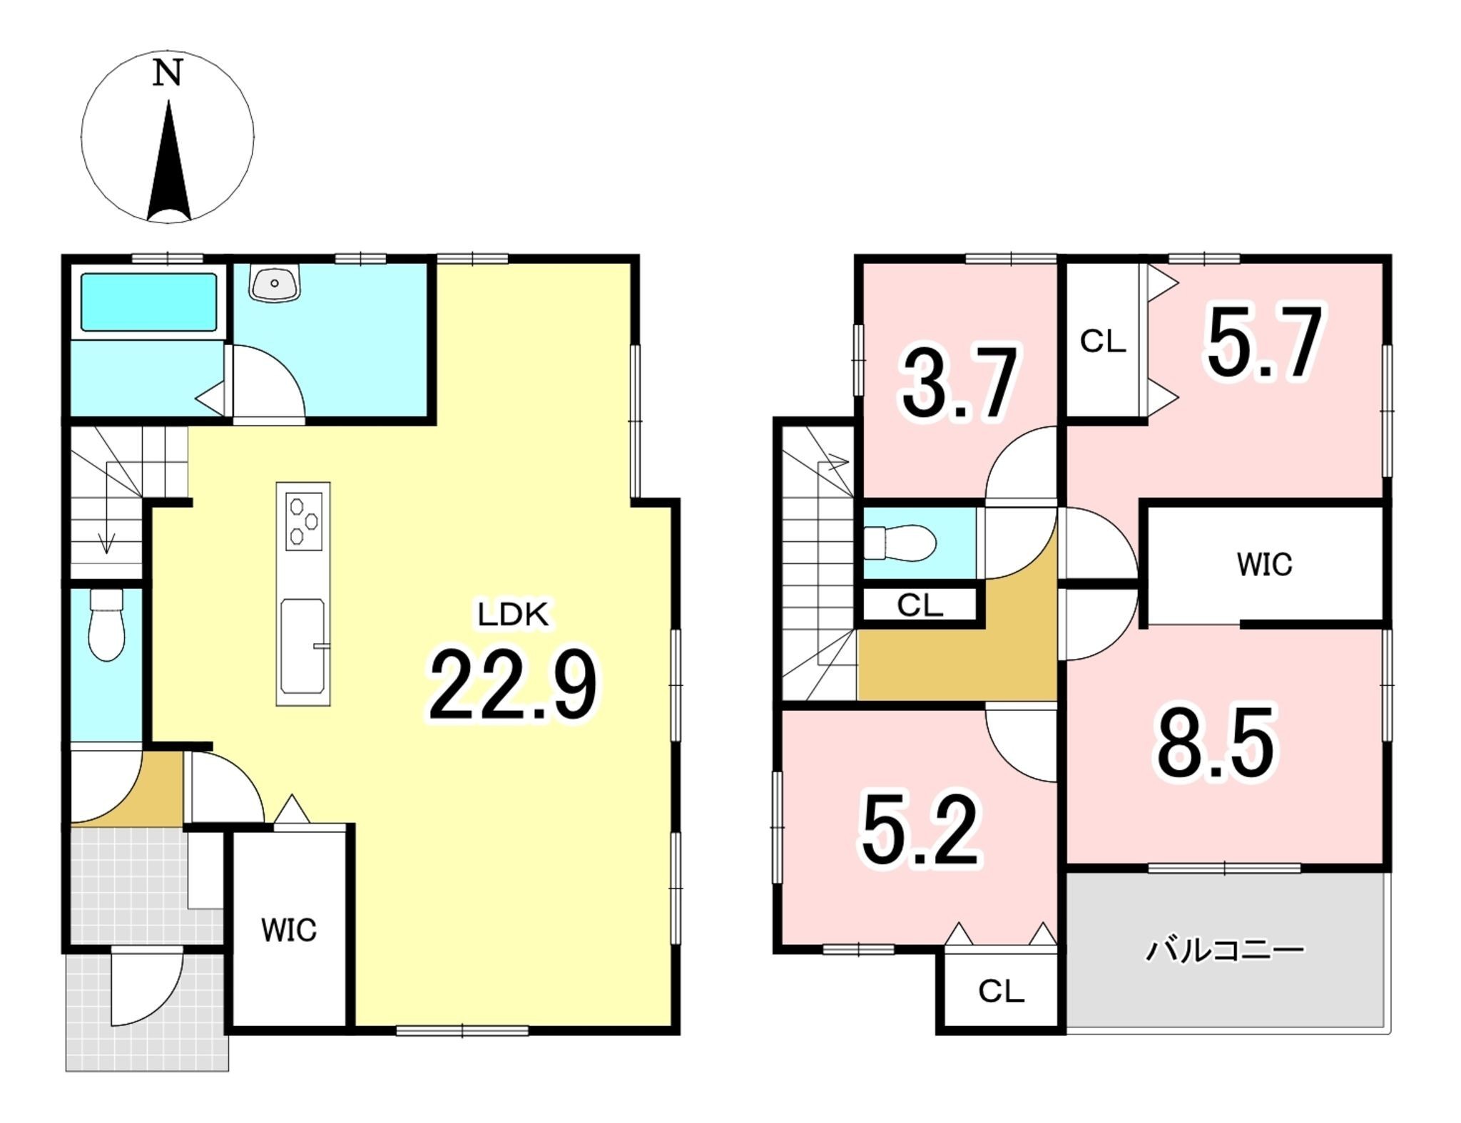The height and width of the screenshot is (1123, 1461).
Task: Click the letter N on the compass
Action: click(x=168, y=73)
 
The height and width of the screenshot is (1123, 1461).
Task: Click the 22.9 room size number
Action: click(x=512, y=684)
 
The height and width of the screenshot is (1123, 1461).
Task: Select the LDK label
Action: click(x=513, y=615)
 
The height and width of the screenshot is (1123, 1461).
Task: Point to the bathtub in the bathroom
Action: click(x=148, y=302)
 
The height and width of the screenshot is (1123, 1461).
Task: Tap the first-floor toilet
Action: click(x=106, y=625)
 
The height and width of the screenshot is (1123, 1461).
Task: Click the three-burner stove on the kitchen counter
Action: click(x=304, y=521)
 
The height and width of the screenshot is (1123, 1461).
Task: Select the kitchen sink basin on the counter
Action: click(x=303, y=647)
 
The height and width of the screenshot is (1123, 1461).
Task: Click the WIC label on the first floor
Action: click(x=288, y=930)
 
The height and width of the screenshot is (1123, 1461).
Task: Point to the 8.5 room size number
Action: click(x=1216, y=742)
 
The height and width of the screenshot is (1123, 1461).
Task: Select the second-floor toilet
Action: click(x=899, y=543)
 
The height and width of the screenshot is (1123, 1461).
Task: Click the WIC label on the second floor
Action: click(x=1264, y=565)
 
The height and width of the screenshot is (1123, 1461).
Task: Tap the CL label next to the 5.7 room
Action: click(x=1102, y=342)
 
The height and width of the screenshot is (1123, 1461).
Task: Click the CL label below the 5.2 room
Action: click(x=1001, y=990)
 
